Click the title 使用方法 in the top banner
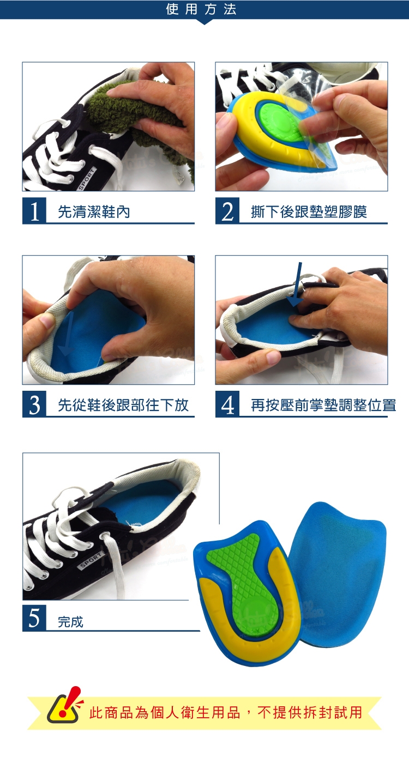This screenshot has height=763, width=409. [201, 9]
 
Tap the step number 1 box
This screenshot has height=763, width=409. [34, 211]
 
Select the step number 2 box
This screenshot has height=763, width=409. [227, 211]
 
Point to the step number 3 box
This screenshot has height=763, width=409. [34, 404]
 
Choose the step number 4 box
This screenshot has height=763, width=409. [227, 404]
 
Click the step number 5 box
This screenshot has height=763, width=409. [34, 618]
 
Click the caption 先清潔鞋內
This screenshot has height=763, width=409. [94, 212]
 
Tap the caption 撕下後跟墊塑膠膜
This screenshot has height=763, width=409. [309, 212]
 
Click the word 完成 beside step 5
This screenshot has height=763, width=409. [70, 622]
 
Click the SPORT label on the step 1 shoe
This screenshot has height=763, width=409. [87, 179]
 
